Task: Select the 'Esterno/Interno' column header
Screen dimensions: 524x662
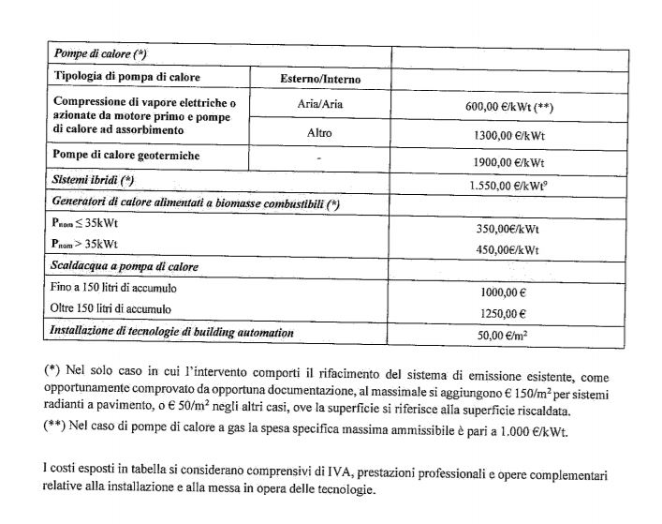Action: (320, 80)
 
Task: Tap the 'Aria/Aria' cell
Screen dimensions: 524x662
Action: (320, 105)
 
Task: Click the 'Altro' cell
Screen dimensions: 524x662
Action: (319, 133)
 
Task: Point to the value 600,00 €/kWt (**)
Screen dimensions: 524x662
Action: (509, 108)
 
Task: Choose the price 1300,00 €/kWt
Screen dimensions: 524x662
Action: (510, 136)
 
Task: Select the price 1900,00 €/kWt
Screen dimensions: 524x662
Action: (510, 161)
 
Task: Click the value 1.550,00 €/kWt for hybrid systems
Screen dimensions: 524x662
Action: (509, 186)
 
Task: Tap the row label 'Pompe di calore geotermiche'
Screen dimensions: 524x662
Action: (126, 156)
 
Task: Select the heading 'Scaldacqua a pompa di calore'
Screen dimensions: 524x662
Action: (124, 266)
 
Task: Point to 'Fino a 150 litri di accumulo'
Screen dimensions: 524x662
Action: (114, 288)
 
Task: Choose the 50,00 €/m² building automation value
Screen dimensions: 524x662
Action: (507, 335)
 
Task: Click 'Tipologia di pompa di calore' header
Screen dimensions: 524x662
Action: (127, 77)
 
